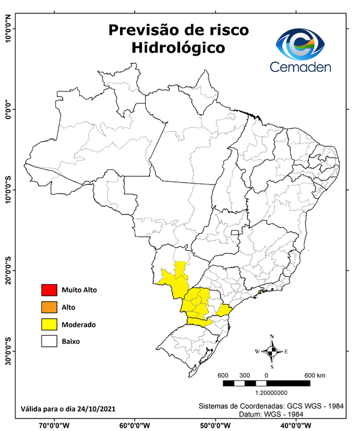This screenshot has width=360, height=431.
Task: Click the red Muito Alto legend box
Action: point(49,290)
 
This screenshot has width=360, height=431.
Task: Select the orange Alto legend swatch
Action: point(49,307)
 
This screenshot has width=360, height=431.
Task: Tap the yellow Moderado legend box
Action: point(49,324)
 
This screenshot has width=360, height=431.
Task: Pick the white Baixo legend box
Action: point(49,341)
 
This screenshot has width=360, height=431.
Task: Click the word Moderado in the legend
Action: point(79,324)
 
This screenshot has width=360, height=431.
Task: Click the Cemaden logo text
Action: point(301,67)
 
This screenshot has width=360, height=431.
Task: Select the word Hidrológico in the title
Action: point(178,48)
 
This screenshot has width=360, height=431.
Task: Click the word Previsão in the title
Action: point(141,29)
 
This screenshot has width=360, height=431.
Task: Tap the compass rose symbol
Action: point(272,352)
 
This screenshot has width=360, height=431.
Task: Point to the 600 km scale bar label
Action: point(315,375)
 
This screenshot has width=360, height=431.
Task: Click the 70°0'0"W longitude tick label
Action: point(54,425)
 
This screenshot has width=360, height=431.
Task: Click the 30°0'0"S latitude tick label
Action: point(8,351)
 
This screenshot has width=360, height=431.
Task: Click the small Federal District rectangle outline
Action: point(235,231)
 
